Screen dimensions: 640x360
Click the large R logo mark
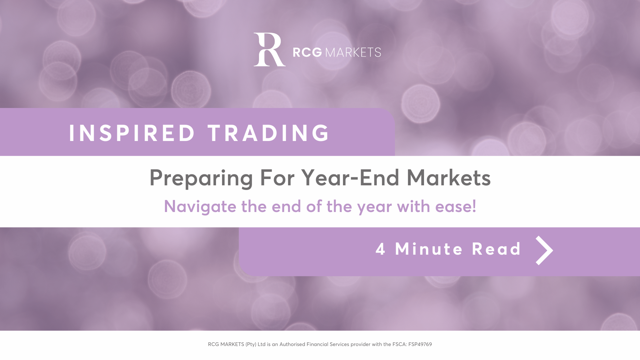(x=269, y=49)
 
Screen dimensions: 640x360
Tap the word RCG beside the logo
(x=307, y=52)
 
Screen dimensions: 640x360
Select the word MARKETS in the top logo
(x=353, y=52)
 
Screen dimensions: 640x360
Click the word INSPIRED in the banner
(x=132, y=133)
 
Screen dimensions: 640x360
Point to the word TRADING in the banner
(x=269, y=133)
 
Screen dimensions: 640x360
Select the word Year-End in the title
(x=350, y=177)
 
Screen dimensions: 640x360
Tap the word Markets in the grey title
(x=449, y=177)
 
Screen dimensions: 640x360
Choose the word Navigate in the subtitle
(x=200, y=207)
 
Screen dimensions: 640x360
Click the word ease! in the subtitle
(x=456, y=206)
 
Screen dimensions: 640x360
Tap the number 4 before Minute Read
(x=381, y=249)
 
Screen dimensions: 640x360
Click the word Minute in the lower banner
(x=429, y=249)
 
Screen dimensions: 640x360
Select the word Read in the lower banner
(x=497, y=249)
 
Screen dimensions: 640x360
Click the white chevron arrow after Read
(x=544, y=250)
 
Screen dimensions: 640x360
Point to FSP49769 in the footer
(x=420, y=344)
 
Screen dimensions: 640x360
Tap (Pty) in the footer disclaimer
(x=251, y=345)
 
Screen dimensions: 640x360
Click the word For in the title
(x=277, y=177)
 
